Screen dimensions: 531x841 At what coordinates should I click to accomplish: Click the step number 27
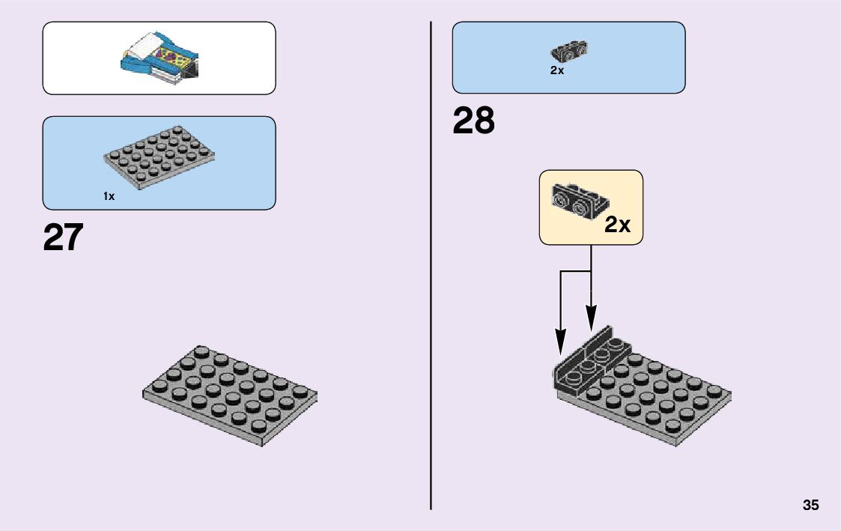coord(63,237)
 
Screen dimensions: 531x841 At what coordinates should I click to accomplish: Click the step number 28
coord(473,121)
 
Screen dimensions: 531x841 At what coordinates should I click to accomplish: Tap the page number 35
coord(810,505)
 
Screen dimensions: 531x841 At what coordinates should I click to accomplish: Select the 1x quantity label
coord(109,196)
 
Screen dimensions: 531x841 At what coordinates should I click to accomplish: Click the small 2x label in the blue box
coord(556,70)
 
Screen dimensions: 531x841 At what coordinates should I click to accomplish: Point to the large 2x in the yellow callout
coord(617,224)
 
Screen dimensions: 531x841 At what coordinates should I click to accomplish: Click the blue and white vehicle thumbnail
coord(160,58)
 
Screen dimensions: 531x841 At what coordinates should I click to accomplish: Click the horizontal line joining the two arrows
coord(577,271)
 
